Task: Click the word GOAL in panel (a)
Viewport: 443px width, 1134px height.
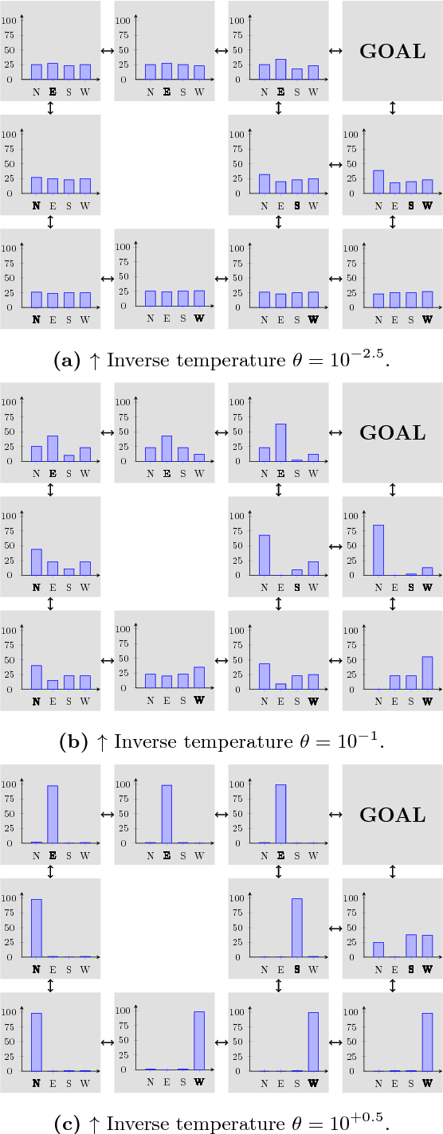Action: click(393, 52)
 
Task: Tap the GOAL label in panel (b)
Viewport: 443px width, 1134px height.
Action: click(393, 433)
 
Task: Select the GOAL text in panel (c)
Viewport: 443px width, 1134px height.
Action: click(393, 815)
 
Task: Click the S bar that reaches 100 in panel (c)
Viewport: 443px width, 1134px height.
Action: click(297, 928)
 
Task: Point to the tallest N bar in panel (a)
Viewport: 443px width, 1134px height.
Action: click(378, 182)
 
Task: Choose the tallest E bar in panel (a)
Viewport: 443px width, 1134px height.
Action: click(280, 69)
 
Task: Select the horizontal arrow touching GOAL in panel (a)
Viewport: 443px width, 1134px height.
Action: click(335, 51)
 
